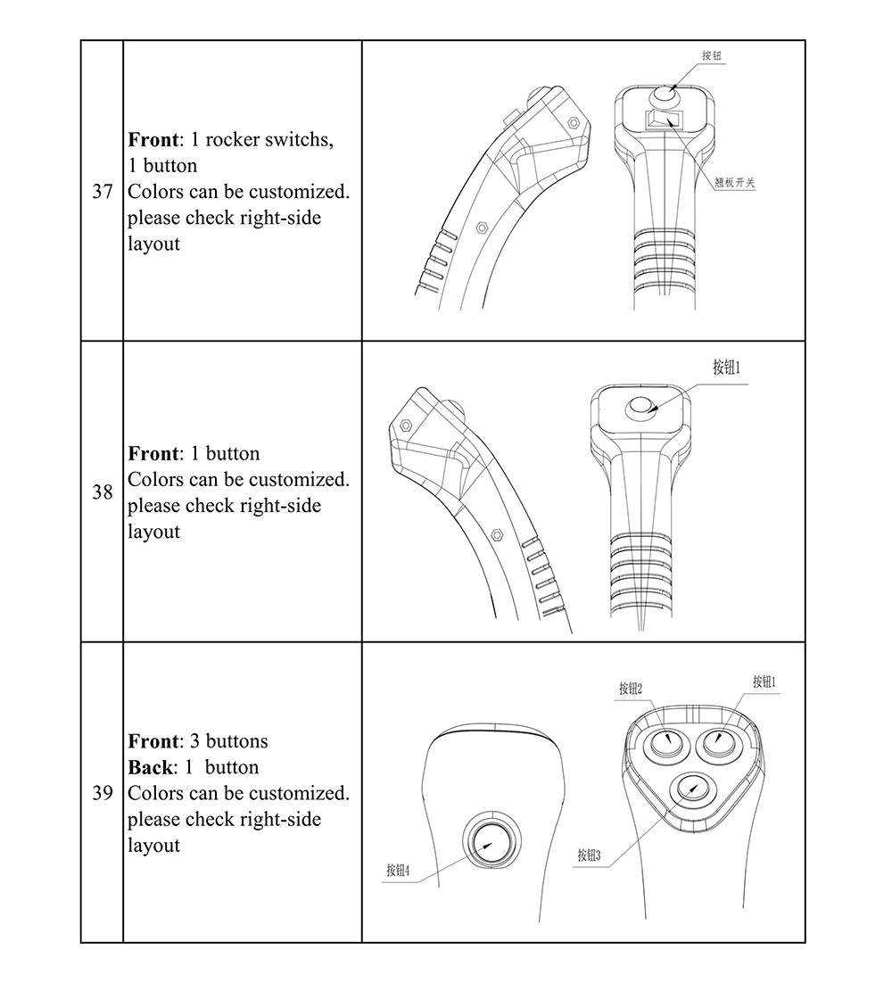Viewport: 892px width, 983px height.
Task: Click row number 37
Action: [103, 192]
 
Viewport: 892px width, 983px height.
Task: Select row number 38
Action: [103, 491]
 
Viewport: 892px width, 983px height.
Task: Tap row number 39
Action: [103, 793]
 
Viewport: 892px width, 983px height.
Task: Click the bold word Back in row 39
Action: [148, 767]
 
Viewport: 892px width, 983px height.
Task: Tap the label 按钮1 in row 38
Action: [727, 368]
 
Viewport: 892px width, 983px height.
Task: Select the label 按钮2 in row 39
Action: [631, 688]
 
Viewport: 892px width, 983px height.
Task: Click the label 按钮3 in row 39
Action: [589, 855]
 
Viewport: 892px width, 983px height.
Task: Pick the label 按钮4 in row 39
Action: [398, 871]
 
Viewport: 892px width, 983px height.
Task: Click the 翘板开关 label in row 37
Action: [735, 182]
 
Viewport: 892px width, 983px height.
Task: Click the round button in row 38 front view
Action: [641, 407]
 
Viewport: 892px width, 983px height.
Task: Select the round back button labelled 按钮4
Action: [489, 840]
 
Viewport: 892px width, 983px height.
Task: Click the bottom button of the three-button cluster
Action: [690, 789]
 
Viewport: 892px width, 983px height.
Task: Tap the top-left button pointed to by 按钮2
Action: [664, 742]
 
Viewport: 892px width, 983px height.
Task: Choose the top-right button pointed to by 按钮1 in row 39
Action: [719, 742]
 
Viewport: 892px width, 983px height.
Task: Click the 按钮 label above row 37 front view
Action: [711, 55]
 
